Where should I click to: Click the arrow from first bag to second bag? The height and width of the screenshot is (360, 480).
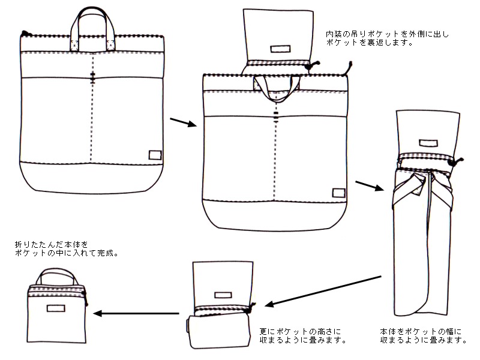[x=184, y=122]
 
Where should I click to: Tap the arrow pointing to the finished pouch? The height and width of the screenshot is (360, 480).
[x=137, y=313]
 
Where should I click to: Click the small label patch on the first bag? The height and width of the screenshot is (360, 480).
[x=155, y=154]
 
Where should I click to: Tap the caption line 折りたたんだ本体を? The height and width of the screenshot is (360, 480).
[x=52, y=245]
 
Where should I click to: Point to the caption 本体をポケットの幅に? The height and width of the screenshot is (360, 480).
[x=422, y=332]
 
